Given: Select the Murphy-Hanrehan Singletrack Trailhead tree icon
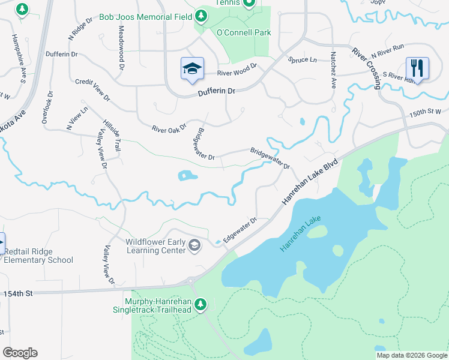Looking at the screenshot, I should [x=202, y=305].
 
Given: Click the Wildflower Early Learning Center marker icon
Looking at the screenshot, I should [x=194, y=245].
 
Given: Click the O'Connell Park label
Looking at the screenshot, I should [x=244, y=32].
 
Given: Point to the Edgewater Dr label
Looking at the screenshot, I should [x=240, y=229].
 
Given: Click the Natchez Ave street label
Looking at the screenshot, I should [x=332, y=70].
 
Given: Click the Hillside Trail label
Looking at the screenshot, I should [x=112, y=133].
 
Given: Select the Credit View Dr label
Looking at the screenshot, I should [x=92, y=89].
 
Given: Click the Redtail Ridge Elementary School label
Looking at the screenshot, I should [x=38, y=256].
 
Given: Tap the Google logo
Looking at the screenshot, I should [x=20, y=353].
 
